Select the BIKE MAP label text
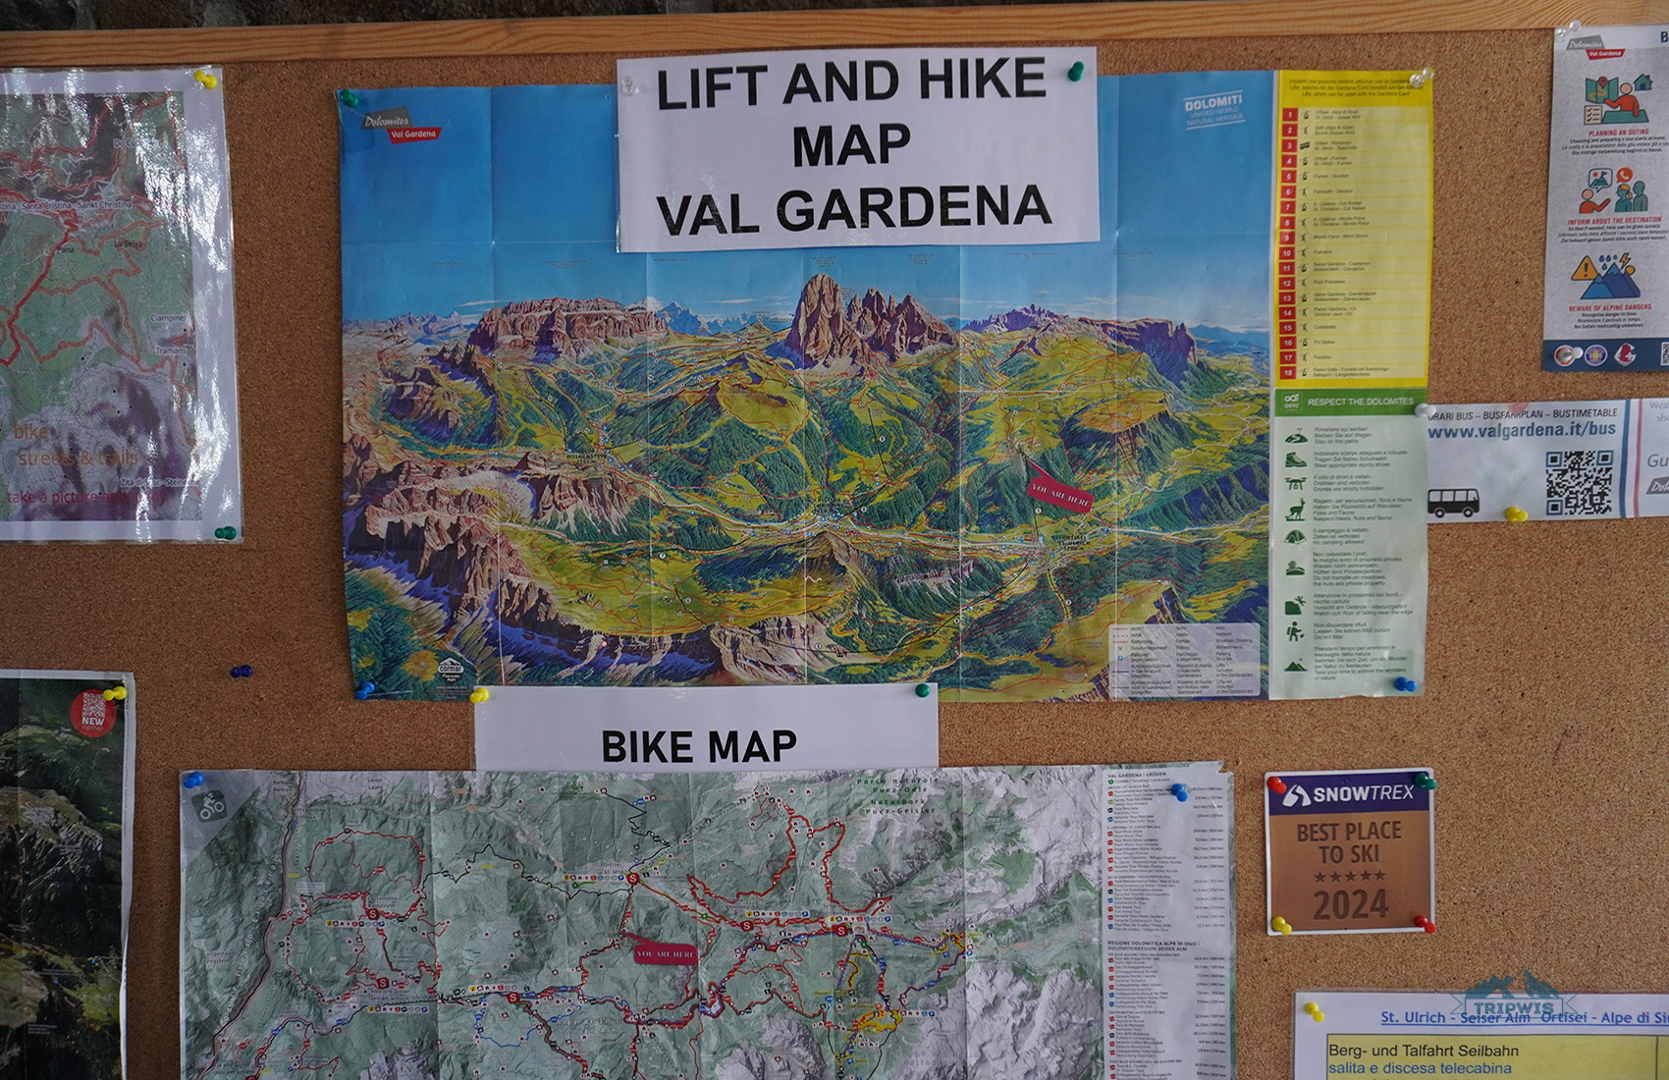(x=698, y=747)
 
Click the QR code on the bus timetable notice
(x=1579, y=482)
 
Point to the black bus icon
(x=1453, y=503)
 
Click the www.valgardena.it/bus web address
(x=1521, y=430)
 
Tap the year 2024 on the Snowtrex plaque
(x=1350, y=904)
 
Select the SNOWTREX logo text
(x=1350, y=794)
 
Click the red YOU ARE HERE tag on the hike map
(x=1058, y=490)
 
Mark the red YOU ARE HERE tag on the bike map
(x=665, y=953)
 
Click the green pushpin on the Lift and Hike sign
(x=1076, y=71)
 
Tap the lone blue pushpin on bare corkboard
(x=240, y=673)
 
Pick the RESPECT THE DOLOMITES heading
(x=1360, y=402)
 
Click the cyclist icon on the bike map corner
(x=210, y=806)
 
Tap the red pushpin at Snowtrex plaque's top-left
(x=1277, y=785)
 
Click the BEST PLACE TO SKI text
(x=1349, y=842)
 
